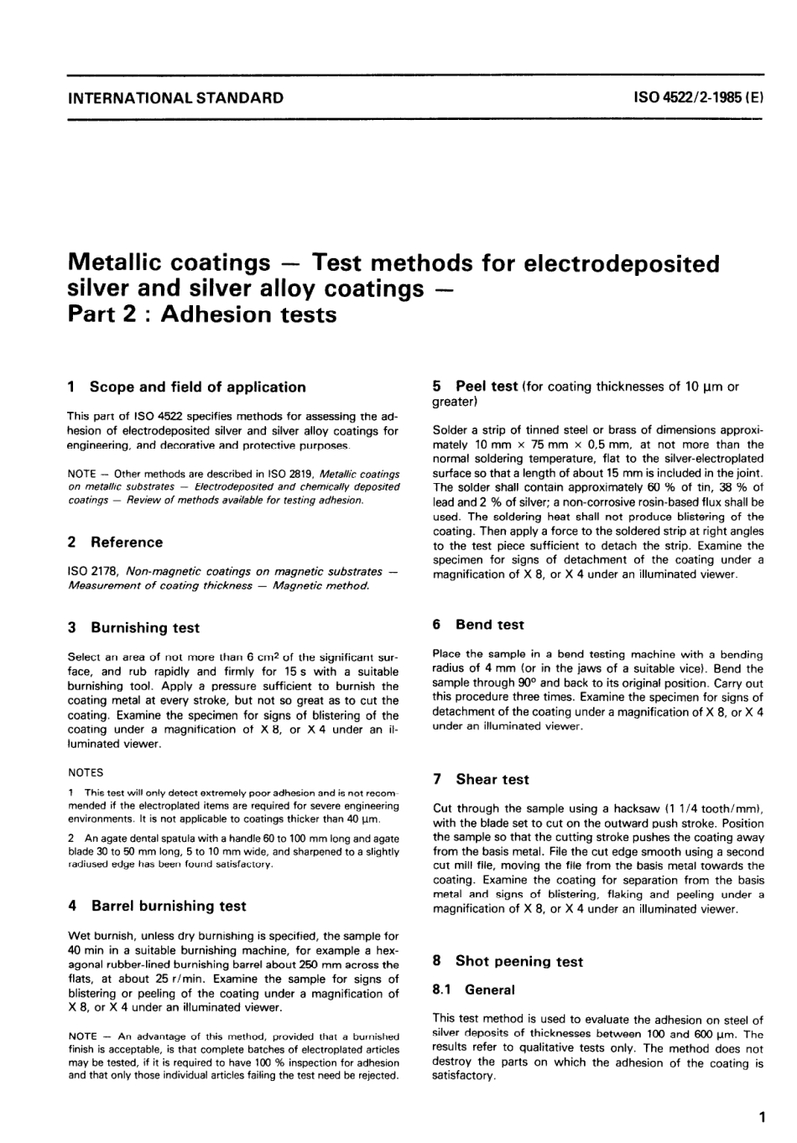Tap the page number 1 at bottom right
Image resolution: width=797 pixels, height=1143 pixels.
(x=761, y=1117)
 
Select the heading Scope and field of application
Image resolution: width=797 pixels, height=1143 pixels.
(x=197, y=387)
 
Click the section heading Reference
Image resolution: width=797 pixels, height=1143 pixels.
(x=127, y=543)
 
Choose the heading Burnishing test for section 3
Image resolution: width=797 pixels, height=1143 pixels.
(x=145, y=628)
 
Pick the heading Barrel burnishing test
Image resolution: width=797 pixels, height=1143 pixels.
(x=169, y=907)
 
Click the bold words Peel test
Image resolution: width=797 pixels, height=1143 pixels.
(x=487, y=387)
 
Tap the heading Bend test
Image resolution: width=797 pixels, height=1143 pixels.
(x=490, y=625)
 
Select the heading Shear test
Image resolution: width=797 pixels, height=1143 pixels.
(x=492, y=780)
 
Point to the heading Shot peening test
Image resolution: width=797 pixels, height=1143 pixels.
(x=519, y=962)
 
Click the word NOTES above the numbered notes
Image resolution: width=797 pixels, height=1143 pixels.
(x=86, y=772)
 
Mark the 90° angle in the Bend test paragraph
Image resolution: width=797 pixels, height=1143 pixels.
(x=525, y=683)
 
